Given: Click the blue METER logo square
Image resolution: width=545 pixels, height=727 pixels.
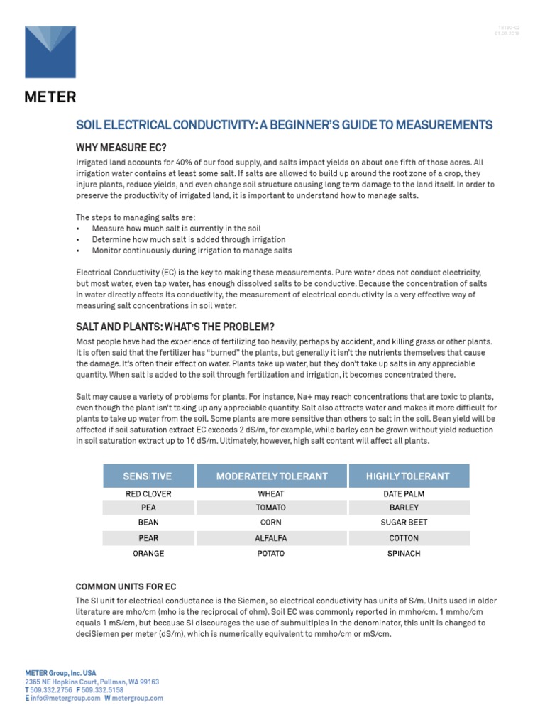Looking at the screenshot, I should pos(50,52).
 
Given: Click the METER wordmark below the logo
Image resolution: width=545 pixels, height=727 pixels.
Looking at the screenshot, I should pos(50,97).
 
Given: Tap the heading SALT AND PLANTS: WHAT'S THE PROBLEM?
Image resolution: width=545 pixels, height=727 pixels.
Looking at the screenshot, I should pos(175,327).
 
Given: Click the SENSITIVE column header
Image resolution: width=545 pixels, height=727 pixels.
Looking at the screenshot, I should pos(148,476).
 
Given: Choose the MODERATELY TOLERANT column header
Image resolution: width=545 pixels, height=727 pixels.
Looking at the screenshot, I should pos(272,476).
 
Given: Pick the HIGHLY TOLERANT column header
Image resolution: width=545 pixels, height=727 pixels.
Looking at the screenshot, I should pos(407,476).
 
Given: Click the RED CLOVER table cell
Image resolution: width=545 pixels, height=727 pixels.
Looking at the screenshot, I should pos(148,493).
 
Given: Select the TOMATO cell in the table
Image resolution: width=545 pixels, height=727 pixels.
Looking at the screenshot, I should pos(271,508).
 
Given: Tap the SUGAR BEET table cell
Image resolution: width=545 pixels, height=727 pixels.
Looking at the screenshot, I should pos(404,522).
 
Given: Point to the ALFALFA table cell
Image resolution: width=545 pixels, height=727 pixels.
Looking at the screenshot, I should pos(271,538).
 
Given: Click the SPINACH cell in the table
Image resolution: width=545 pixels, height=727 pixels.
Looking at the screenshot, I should pos(404,553).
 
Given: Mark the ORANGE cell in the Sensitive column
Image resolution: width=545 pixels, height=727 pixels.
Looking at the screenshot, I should pos(148,553).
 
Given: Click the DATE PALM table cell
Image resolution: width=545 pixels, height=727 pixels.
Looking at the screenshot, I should pos(404,493).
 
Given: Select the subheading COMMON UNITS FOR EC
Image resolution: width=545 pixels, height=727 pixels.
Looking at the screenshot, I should pos(126,586).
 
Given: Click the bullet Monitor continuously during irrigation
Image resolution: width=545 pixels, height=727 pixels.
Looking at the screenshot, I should pos(192,251).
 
